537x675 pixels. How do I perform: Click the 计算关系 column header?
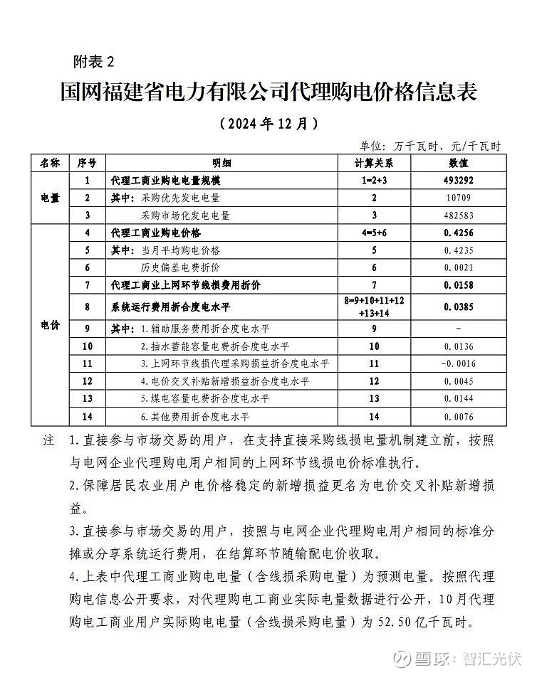[374, 163]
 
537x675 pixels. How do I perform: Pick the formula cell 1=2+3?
[374, 181]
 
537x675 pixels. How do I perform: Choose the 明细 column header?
[221, 163]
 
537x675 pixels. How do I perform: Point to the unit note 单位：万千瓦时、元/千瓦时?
[429, 146]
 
